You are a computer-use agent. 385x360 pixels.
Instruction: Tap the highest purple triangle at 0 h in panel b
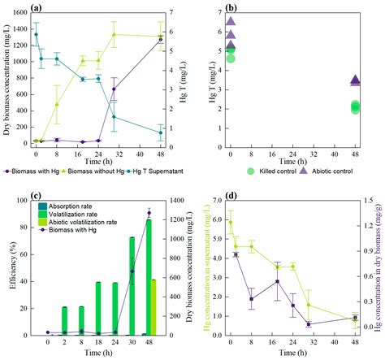point(231,22)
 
